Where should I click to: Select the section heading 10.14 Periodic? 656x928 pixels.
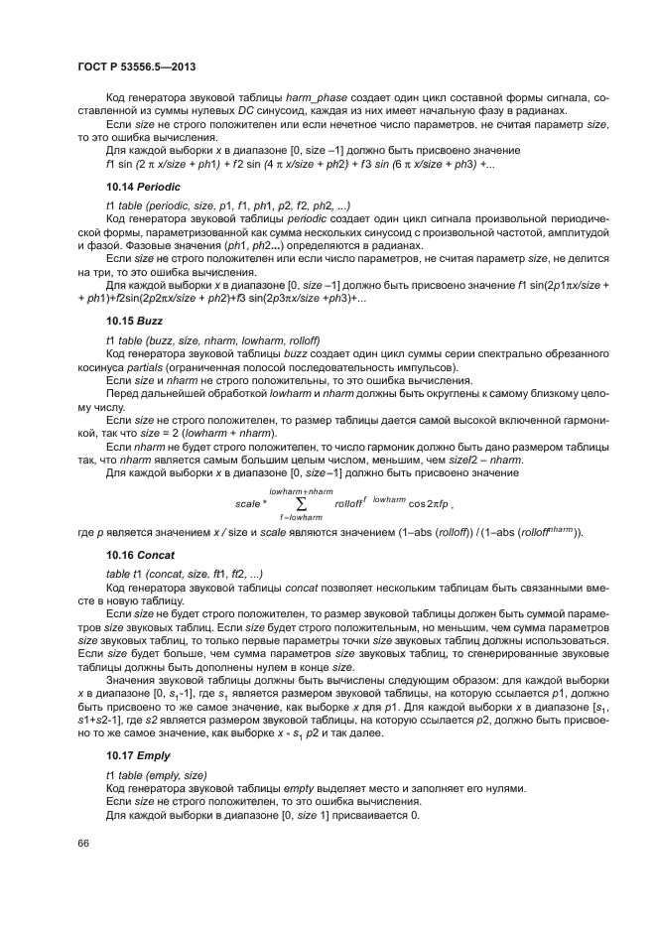[x=142, y=186]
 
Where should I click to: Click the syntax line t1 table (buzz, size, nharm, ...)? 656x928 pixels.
[x=212, y=340]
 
